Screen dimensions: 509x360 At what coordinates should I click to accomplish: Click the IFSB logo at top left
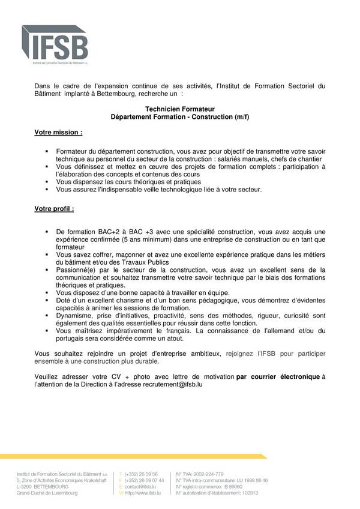pyautogui.click(x=55, y=45)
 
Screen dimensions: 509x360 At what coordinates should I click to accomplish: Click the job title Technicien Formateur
pyautogui.click(x=180, y=109)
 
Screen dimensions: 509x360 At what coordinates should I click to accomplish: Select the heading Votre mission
pyautogui.click(x=58, y=131)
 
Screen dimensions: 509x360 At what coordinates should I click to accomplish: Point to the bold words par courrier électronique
pyautogui.click(x=278, y=376)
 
